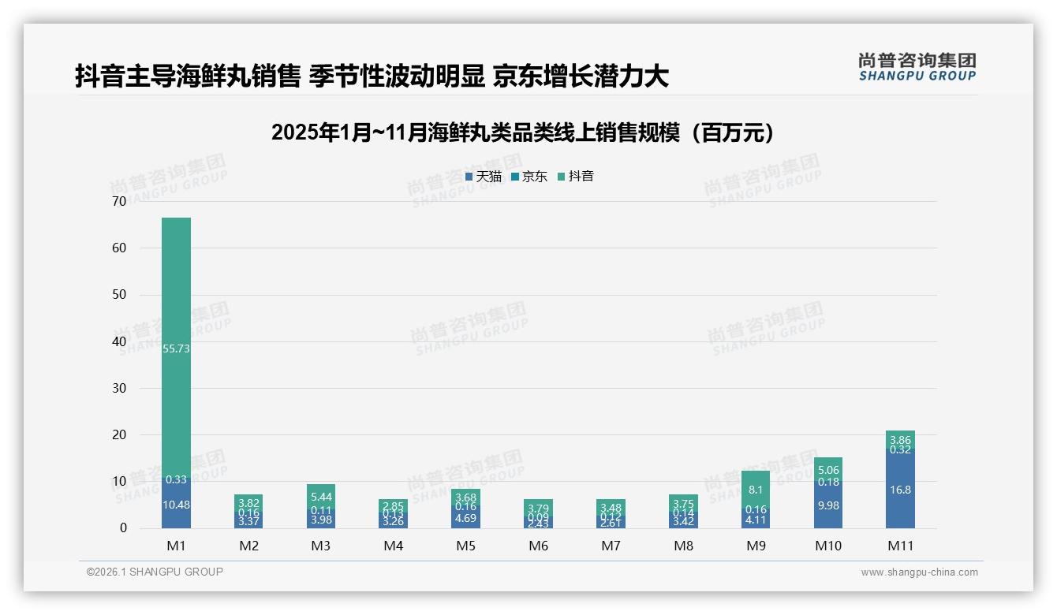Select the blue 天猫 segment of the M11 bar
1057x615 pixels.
tap(900, 493)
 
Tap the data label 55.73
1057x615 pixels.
tap(176, 348)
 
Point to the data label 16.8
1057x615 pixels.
tap(900, 490)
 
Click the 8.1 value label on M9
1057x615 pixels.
tap(756, 490)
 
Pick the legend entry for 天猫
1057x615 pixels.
tap(484, 177)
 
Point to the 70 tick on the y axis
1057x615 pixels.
tap(119, 201)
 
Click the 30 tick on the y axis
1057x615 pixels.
tap(119, 388)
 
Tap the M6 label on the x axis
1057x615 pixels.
tap(538, 546)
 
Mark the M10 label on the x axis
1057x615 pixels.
tap(827, 546)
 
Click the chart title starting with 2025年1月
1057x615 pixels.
tap(522, 132)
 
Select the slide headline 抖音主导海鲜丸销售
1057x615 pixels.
tap(372, 76)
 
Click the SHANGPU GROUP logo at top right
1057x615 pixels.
tap(917, 66)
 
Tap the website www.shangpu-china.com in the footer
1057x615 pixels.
tap(919, 572)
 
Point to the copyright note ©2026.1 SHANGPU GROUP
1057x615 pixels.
tap(155, 572)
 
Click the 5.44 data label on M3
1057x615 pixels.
tap(321, 497)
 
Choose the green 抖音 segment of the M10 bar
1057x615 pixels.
tap(827, 469)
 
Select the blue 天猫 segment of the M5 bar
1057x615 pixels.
tap(466, 518)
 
